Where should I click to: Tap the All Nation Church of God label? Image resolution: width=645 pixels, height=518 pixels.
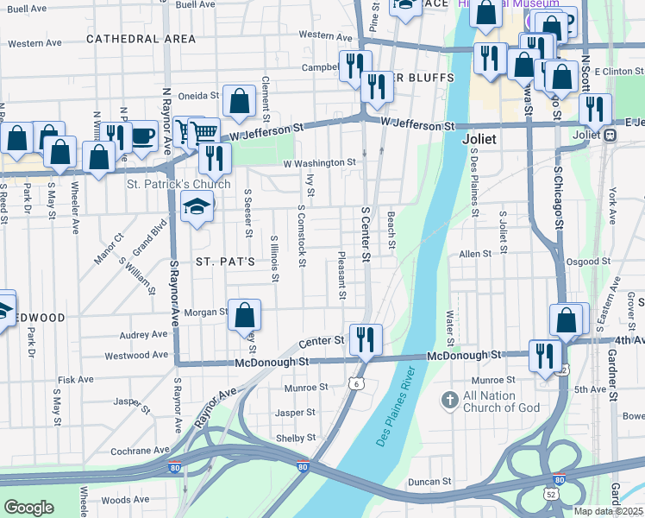[x=501, y=401]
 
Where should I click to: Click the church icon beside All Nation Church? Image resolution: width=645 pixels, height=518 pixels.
[x=449, y=400]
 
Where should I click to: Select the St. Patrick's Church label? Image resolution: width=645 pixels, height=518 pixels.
[x=178, y=184]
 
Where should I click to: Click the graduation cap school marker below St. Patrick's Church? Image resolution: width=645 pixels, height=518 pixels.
[x=197, y=207]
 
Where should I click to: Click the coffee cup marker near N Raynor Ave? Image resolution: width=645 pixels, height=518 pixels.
[x=142, y=136]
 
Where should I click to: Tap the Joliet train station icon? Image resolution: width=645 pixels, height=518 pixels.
[x=610, y=135]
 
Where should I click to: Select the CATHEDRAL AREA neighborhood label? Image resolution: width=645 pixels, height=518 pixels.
[x=141, y=39]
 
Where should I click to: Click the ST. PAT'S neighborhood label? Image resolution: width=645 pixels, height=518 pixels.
[x=225, y=261]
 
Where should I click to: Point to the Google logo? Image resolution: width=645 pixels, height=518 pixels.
[x=28, y=507]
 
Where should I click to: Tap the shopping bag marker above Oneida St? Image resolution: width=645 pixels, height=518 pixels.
[x=239, y=101]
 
